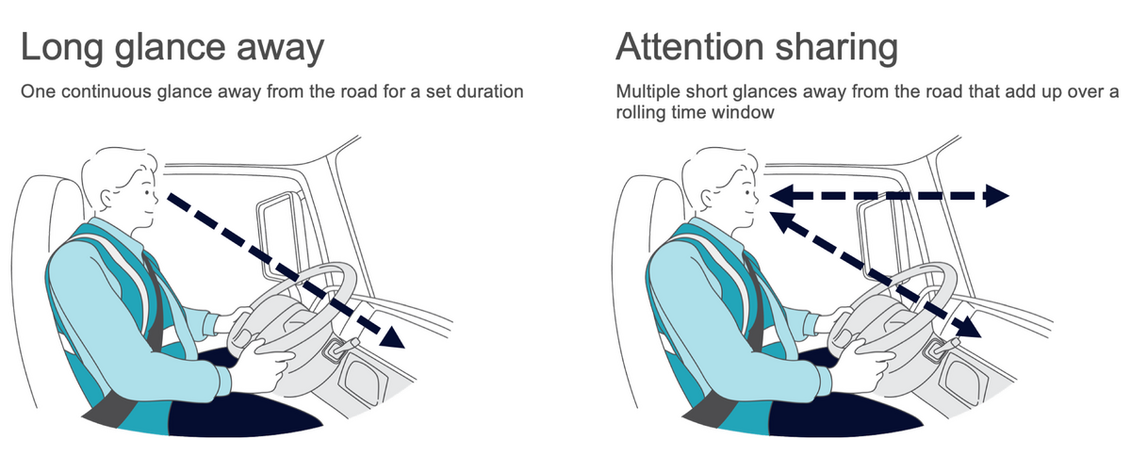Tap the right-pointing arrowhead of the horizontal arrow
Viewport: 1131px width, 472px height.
(995, 196)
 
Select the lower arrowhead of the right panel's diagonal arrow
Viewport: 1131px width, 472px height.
(968, 329)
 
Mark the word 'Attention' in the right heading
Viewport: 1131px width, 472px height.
(694, 47)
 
